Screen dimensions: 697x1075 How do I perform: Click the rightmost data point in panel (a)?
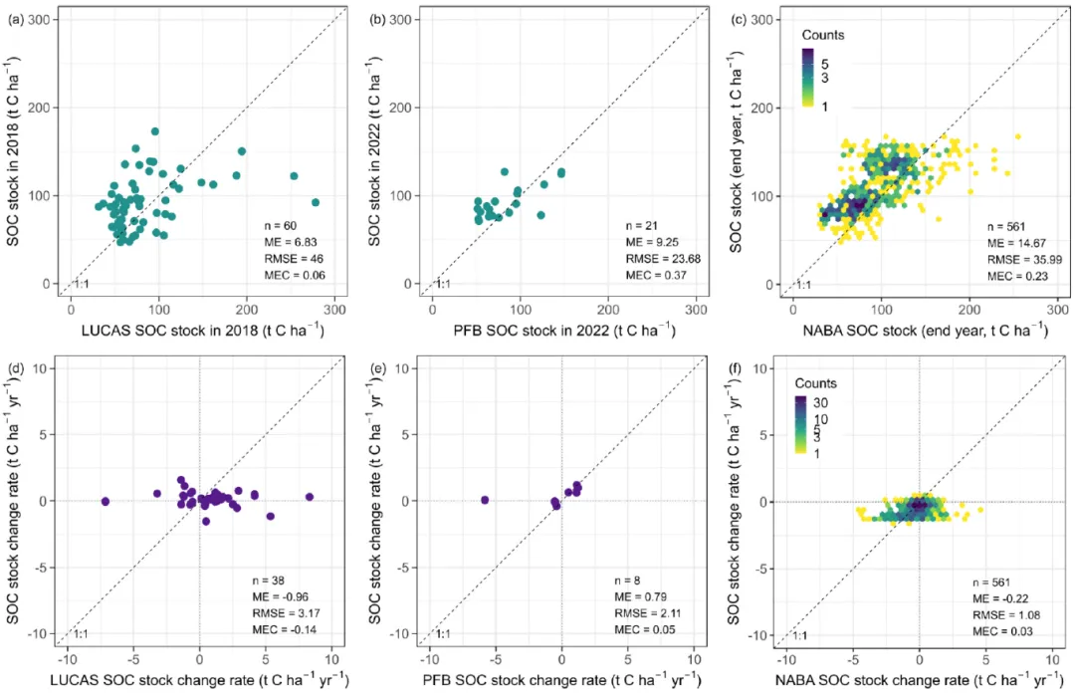[x=316, y=202]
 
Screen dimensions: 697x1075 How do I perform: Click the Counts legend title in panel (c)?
[x=823, y=35]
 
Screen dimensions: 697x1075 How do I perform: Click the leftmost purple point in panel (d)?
[x=106, y=501]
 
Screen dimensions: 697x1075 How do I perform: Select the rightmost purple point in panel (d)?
[x=310, y=496]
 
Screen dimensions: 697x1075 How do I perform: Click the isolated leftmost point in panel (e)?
[x=485, y=499]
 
